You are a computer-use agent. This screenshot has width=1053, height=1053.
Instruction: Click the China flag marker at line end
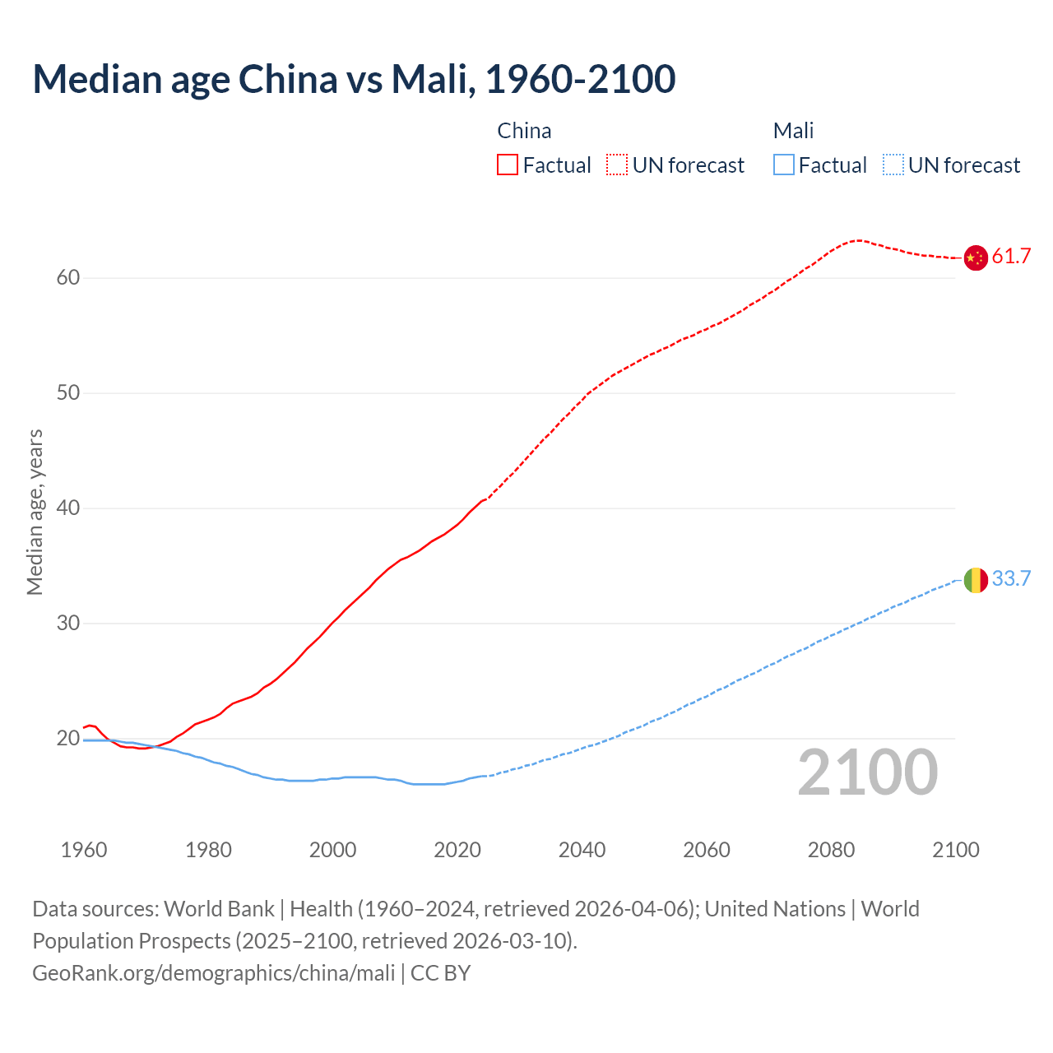(975, 257)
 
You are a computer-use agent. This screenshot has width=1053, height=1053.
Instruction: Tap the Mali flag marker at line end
(975, 580)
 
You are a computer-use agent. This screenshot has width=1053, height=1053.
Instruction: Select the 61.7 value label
(1011, 257)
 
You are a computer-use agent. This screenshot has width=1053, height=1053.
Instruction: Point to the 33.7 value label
(1011, 579)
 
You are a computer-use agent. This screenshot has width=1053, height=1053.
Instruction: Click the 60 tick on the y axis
(68, 278)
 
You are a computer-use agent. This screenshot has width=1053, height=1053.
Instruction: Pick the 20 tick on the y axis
(68, 739)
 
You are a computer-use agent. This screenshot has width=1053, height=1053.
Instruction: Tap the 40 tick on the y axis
(68, 508)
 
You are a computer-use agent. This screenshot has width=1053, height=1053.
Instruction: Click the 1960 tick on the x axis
(84, 850)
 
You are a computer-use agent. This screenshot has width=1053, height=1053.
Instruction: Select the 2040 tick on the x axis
(582, 850)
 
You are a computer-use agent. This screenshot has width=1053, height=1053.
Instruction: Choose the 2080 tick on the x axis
(831, 850)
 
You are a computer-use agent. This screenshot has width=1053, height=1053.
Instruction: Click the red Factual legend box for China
(508, 165)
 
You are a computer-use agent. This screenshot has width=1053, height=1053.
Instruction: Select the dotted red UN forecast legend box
(617, 165)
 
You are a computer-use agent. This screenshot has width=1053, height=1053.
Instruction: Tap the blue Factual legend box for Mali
(784, 165)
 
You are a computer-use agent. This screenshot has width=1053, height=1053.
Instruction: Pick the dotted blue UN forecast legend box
(893, 165)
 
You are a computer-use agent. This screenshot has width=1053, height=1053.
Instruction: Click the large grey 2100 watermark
(867, 772)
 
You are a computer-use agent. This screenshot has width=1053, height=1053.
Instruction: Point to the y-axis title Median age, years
(35, 512)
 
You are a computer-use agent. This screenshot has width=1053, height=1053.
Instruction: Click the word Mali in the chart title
(428, 79)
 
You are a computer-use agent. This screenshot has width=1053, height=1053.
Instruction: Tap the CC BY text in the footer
(440, 973)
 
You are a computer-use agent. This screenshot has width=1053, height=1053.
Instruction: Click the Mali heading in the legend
(793, 131)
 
